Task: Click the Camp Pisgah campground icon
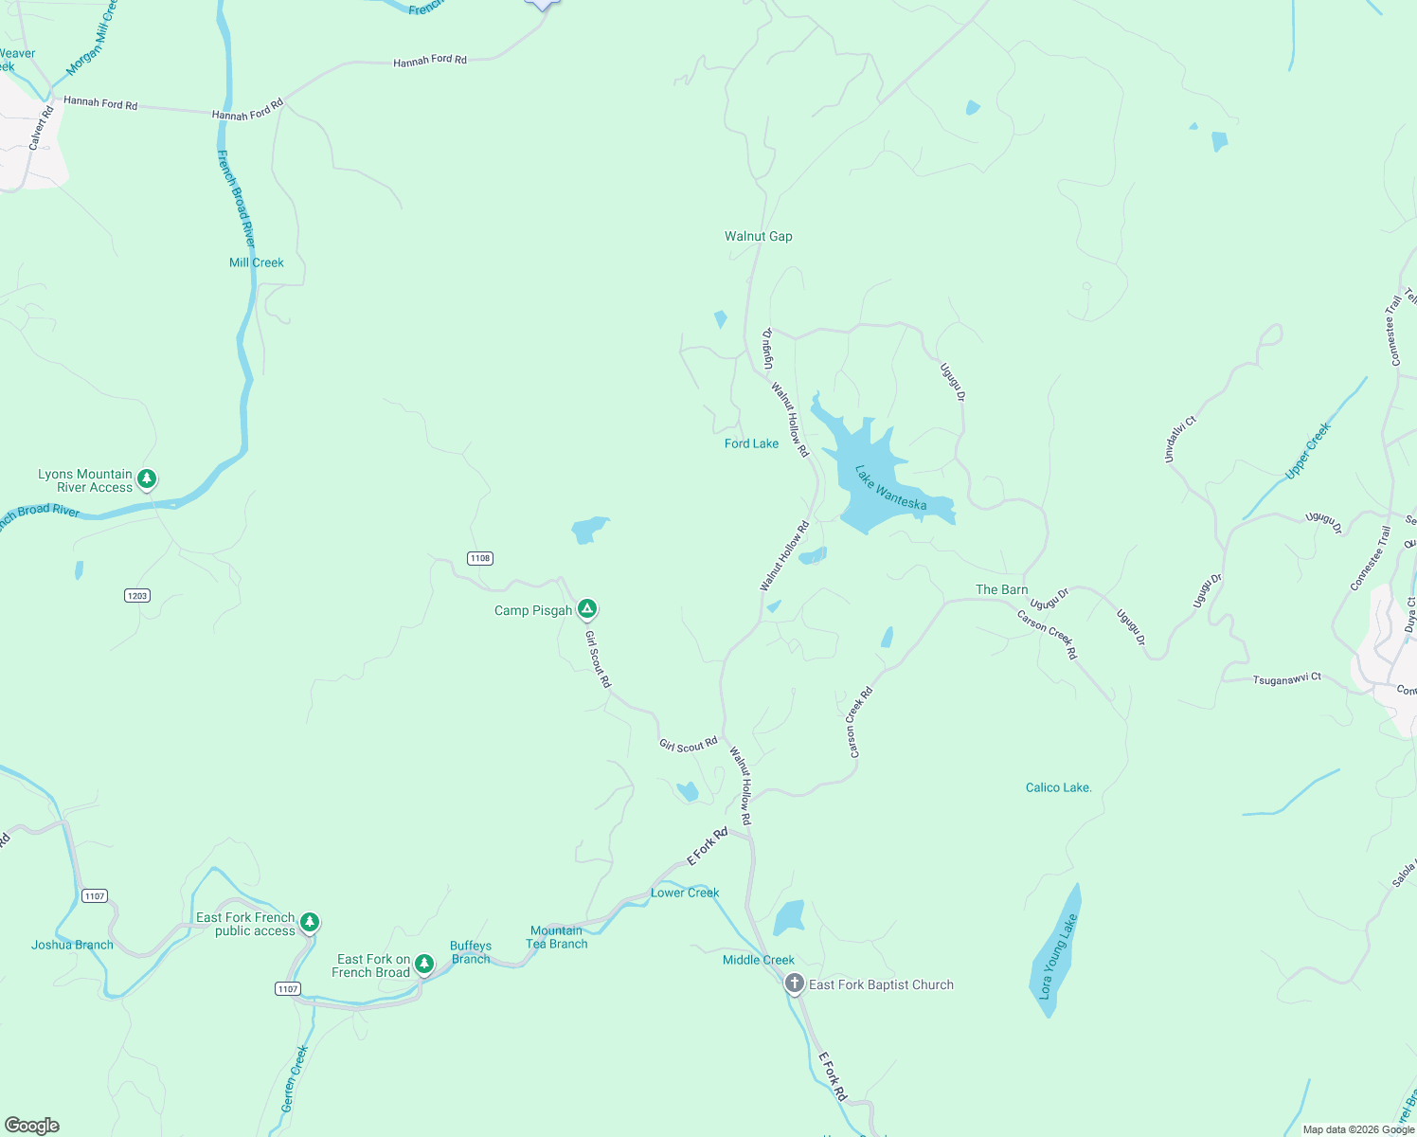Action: tap(587, 608)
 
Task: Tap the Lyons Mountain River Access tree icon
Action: tap(146, 478)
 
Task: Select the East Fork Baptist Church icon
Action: tap(794, 984)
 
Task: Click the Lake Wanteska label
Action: tap(890, 487)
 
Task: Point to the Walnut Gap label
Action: tap(758, 236)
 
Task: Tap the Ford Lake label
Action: tap(751, 443)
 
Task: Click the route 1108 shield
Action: tap(480, 558)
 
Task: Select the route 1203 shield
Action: tap(137, 595)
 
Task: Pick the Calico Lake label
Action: tap(1058, 787)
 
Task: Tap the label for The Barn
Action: tap(1001, 589)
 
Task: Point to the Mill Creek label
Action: tap(256, 262)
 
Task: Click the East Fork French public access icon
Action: tap(310, 922)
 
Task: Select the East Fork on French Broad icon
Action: tap(424, 964)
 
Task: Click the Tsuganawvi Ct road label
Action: tap(1286, 679)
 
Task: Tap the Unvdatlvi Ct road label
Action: tap(1179, 440)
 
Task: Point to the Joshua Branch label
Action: tap(72, 945)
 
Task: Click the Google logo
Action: tap(32, 1125)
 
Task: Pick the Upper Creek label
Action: tap(1308, 450)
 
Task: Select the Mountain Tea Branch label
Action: tap(557, 937)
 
